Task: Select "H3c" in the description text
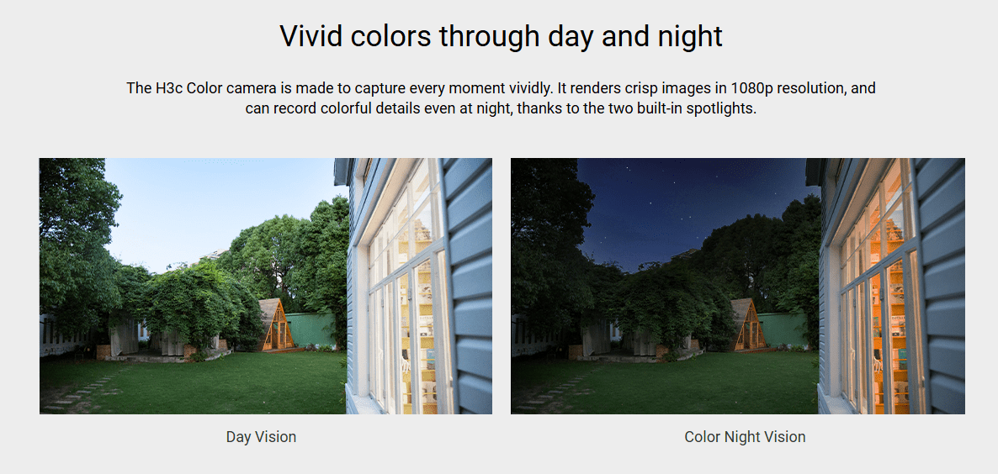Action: coord(168,87)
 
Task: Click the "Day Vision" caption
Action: coord(261,436)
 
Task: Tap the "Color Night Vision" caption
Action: coord(745,436)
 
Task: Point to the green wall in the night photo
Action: coord(783,329)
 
